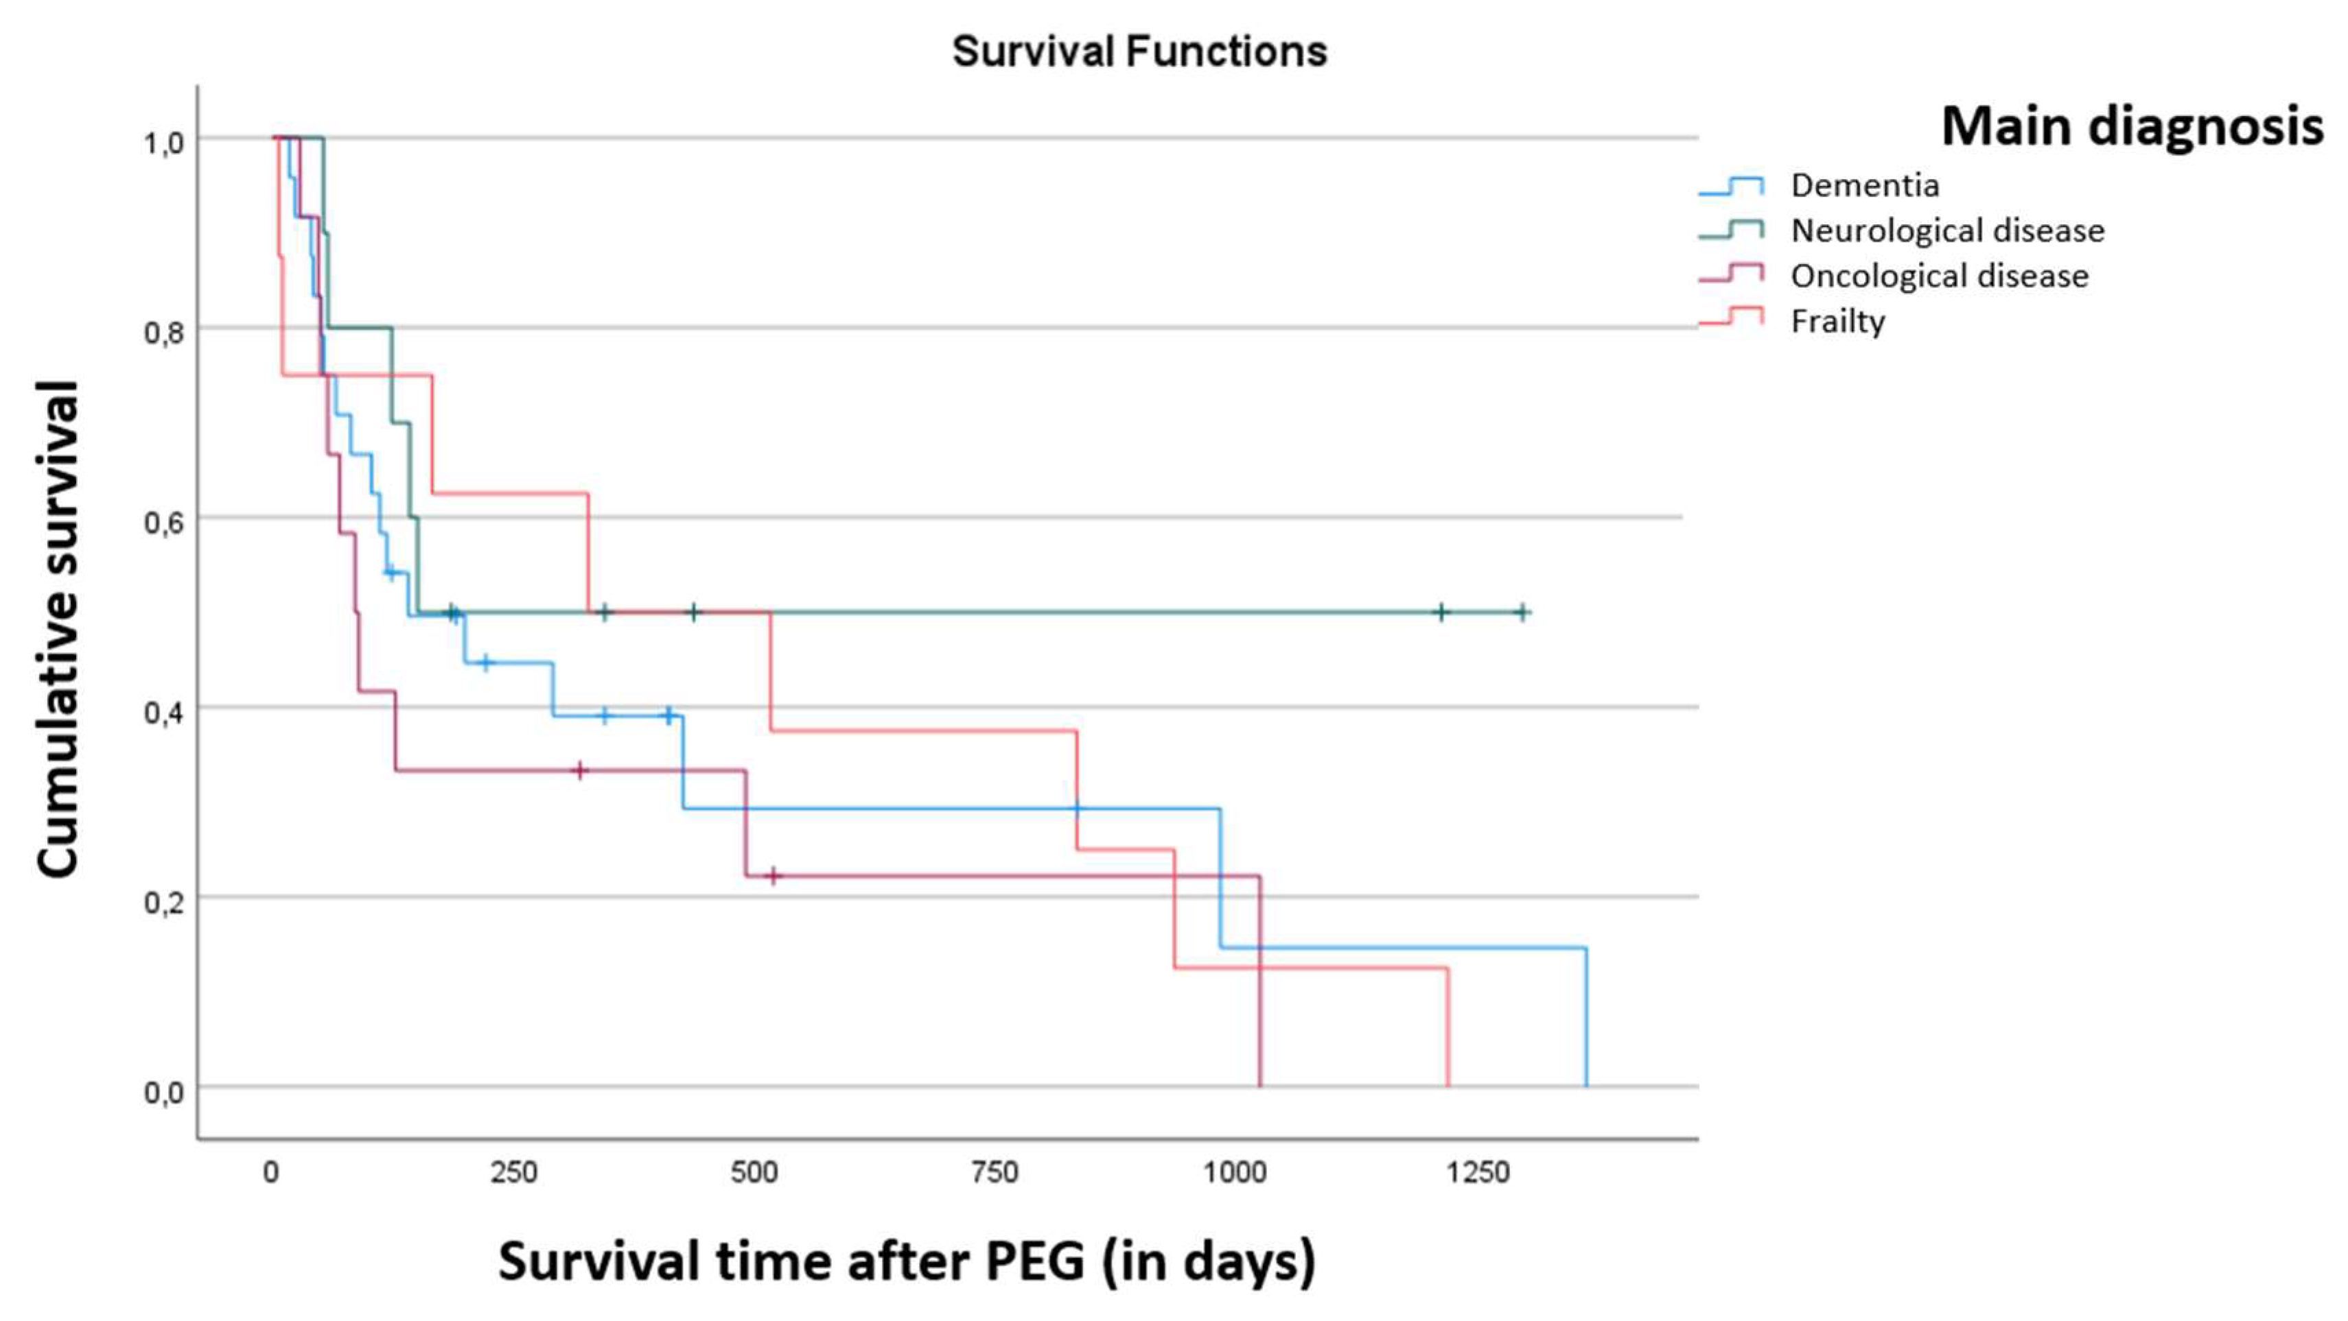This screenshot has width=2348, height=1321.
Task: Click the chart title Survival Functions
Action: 1139,51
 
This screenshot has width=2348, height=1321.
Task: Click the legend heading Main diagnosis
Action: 2132,126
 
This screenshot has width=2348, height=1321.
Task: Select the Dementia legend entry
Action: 1864,185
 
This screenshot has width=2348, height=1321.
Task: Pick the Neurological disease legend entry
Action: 1947,230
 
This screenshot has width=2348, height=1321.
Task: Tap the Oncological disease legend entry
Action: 1939,275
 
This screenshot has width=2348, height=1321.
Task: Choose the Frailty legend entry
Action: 1837,321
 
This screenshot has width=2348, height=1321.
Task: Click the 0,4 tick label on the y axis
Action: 164,711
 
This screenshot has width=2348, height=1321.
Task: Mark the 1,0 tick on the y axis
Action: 164,142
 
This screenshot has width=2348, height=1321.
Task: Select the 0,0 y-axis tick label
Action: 164,1091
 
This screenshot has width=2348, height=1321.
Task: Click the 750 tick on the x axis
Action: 994,1171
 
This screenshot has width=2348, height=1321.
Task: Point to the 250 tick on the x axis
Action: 513,1171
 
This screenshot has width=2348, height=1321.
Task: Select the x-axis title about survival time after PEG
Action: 907,1262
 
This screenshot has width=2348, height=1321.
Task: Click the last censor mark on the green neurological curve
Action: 1521,612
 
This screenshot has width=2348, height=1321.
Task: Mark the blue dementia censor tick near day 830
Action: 1076,808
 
